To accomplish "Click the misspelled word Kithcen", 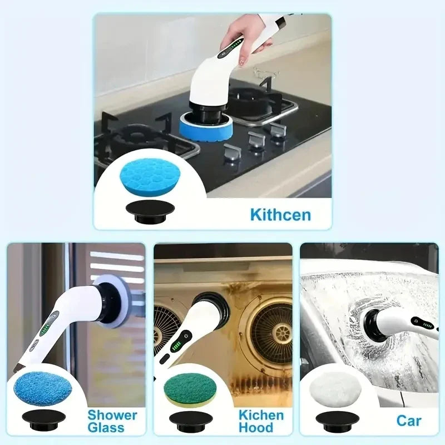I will [x=280, y=215].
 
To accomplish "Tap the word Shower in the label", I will [x=112, y=415].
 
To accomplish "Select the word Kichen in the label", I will [x=261, y=415].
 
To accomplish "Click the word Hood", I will [x=256, y=428].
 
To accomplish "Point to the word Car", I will [x=409, y=421].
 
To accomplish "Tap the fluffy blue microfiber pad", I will [x=42, y=388].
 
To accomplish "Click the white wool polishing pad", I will [x=337, y=388].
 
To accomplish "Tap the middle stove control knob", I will [x=255, y=140].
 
